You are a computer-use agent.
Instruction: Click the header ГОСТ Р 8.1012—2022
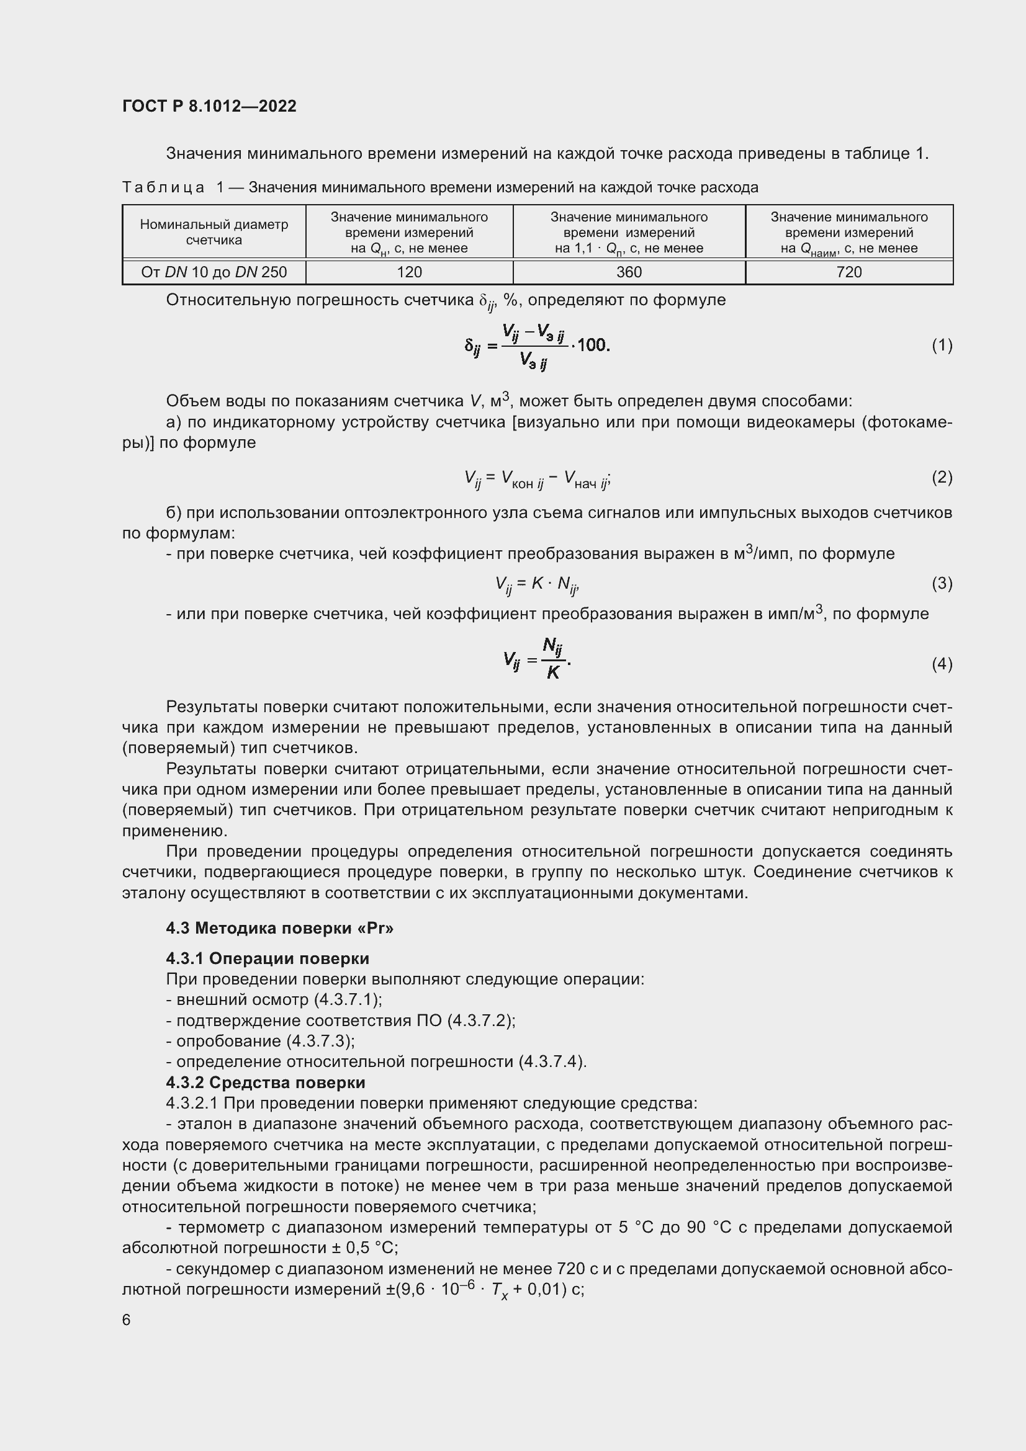pos(209,106)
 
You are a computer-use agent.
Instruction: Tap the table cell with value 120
pos(409,272)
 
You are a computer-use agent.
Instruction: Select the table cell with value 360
pos(629,272)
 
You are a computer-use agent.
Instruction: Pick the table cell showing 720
pos(849,272)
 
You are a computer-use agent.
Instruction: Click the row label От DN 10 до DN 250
pos(214,272)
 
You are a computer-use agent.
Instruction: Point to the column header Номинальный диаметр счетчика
pos(214,232)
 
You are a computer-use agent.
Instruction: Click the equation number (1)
pos(942,345)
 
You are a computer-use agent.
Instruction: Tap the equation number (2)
pos(942,477)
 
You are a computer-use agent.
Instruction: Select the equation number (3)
pos(942,583)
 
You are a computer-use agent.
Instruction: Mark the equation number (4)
pos(942,664)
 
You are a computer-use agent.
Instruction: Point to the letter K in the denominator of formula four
pos(553,673)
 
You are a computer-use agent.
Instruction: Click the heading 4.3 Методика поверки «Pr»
pos(279,929)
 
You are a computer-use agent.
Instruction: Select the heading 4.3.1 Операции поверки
pos(268,958)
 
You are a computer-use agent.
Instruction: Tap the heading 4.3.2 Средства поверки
pos(266,1083)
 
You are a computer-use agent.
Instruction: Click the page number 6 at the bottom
pos(127,1320)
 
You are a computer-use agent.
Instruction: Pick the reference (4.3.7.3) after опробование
pos(320,1041)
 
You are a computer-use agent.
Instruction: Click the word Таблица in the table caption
pos(164,188)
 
